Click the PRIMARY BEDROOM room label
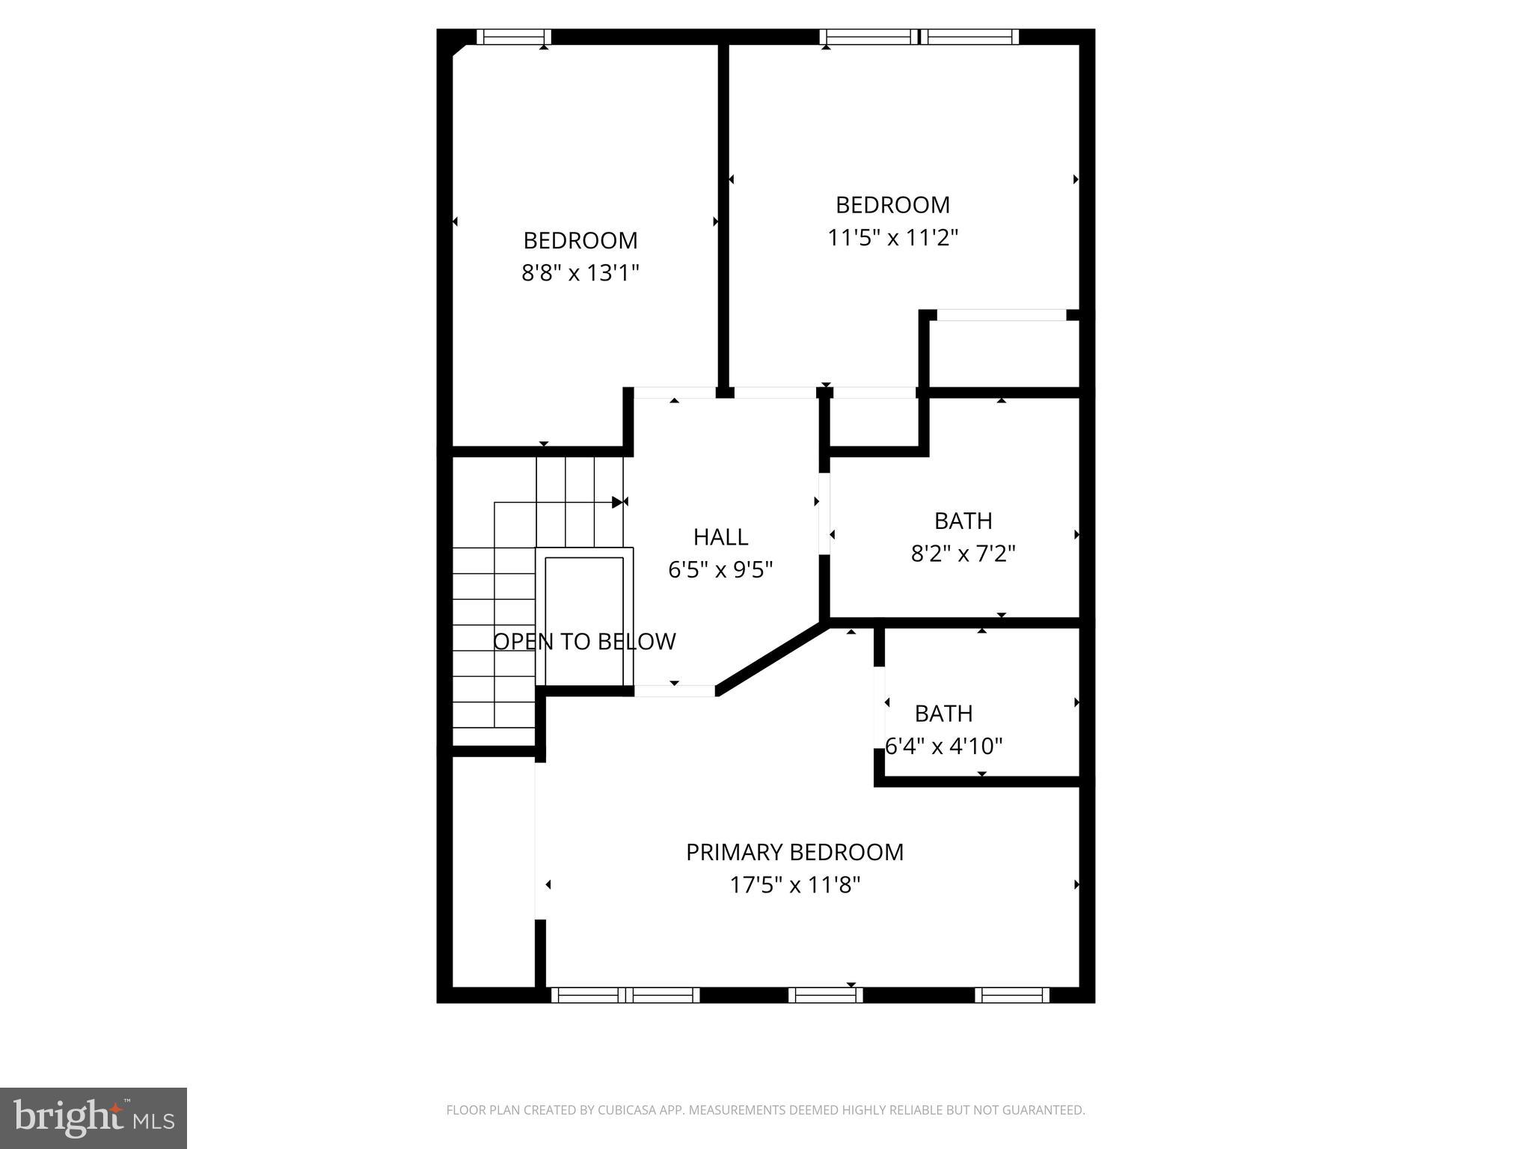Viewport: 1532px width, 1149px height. [x=794, y=852]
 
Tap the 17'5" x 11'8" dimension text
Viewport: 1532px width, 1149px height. [x=794, y=886]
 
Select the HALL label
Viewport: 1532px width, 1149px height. [x=720, y=537]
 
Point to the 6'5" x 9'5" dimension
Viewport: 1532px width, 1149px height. [x=720, y=570]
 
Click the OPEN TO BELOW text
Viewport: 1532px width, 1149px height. [x=584, y=642]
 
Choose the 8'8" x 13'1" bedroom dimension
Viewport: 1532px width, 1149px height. [x=580, y=273]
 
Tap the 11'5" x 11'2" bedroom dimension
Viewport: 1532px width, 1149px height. [x=892, y=238]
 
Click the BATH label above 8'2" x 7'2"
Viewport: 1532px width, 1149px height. [x=963, y=521]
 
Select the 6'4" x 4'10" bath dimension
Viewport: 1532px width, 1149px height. [x=943, y=747]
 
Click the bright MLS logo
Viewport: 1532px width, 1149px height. [x=94, y=1118]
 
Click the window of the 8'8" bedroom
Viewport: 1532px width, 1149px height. [x=514, y=37]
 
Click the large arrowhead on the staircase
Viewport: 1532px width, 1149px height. [x=617, y=502]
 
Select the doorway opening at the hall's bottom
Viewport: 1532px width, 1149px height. [x=675, y=691]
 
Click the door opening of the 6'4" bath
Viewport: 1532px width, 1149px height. [x=880, y=707]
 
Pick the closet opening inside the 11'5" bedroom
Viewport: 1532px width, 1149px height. [x=1001, y=316]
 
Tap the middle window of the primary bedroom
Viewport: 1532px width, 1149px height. [x=825, y=995]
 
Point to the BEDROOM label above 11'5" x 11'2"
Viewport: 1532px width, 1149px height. [x=892, y=205]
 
